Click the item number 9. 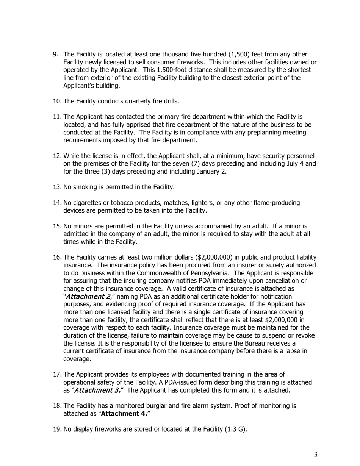coord(55,55)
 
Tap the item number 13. coord(57,187)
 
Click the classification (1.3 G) coord(235,429)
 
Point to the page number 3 coord(316,455)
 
